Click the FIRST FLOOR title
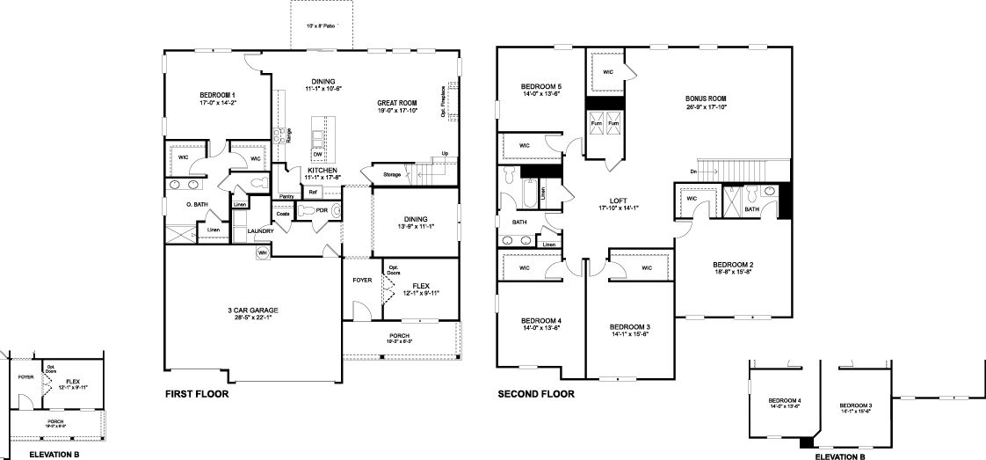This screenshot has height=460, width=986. tap(197, 395)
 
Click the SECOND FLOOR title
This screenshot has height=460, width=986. tap(536, 395)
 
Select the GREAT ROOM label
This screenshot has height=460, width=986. tap(397, 103)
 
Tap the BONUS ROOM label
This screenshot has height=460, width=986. tap(707, 99)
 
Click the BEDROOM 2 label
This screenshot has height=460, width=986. tap(733, 265)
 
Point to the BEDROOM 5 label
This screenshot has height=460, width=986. tap(540, 86)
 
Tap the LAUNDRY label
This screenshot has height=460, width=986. tap(261, 231)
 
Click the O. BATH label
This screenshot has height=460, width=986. tap(196, 205)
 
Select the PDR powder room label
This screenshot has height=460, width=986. tap(323, 211)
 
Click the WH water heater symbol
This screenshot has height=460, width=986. tap(262, 253)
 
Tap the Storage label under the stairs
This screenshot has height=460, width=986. tap(392, 174)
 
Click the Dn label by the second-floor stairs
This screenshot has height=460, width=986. tap(693, 171)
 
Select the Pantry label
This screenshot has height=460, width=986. tap(286, 196)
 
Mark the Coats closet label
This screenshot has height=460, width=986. tap(283, 214)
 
